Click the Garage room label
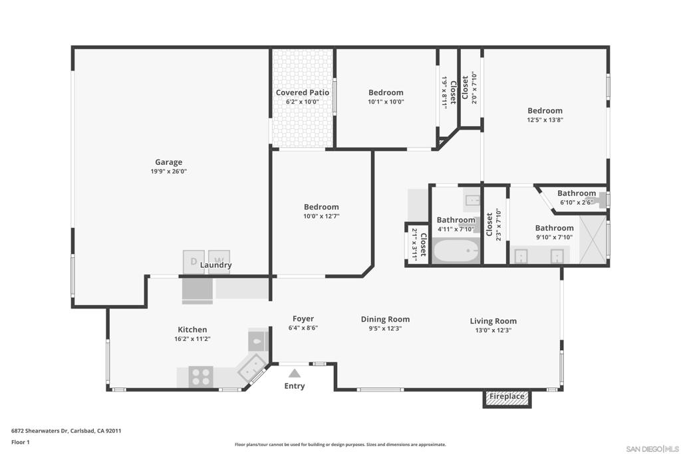click(168, 162)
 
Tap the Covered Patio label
click(303, 93)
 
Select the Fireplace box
click(507, 397)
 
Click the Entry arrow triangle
click(294, 374)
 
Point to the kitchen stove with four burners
click(200, 377)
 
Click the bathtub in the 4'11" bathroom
click(456, 251)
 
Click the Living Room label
click(493, 321)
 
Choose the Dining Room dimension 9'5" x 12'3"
click(385, 328)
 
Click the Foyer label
click(303, 319)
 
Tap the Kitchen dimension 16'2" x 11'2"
click(192, 338)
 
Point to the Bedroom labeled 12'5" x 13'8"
click(545, 111)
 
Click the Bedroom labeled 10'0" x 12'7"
click(321, 207)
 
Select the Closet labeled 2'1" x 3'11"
click(418, 245)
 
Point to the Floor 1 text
click(21, 442)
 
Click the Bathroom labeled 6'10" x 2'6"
click(576, 193)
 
